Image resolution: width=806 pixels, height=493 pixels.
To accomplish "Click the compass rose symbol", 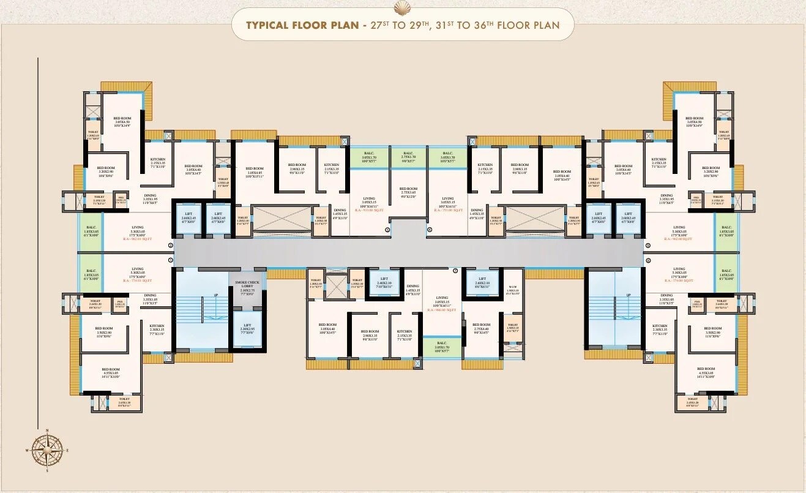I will (47, 450).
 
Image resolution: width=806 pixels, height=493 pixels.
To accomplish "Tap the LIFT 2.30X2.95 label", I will (247, 328).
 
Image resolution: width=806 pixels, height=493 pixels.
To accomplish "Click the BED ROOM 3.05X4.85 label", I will (254, 173).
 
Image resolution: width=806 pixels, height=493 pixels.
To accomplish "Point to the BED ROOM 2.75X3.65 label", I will (408, 192).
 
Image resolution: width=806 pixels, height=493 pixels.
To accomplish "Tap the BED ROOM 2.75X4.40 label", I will (481, 329).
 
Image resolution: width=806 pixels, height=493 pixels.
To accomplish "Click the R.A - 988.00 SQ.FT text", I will (442, 310).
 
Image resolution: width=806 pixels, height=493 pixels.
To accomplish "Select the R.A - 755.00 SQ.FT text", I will (448, 209).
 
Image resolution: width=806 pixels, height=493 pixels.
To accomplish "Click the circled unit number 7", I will (455, 269).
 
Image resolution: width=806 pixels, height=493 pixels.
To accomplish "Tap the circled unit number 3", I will (387, 230).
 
